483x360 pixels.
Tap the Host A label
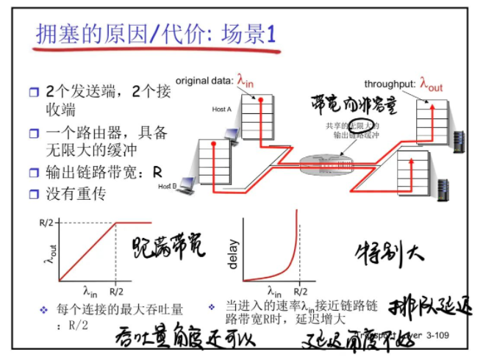pos(221,109)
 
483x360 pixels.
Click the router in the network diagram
pos(329,161)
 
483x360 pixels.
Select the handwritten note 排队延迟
pos(429,305)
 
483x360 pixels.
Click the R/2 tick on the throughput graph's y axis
pos(47,223)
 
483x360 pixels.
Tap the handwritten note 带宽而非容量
pos(353,104)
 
